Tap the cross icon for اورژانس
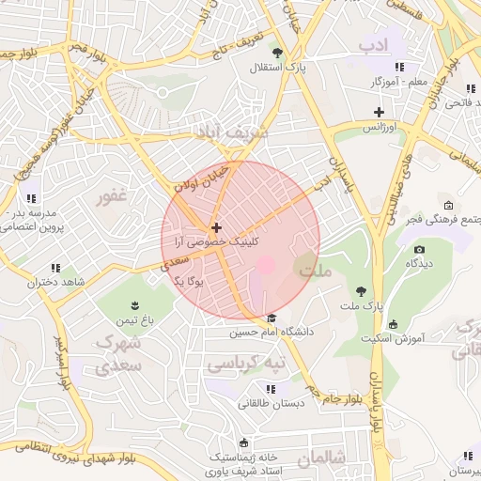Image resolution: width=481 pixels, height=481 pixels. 380,112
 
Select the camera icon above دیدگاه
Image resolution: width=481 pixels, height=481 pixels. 419,249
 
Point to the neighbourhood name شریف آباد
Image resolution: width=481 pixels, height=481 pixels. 230,133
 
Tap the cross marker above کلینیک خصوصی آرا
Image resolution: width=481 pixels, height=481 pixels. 217,227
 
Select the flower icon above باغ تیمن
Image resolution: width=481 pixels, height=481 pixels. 133,304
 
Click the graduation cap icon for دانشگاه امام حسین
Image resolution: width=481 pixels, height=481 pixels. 272,318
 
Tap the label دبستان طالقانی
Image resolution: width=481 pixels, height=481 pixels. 271,403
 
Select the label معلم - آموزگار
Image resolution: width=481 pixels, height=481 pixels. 399,82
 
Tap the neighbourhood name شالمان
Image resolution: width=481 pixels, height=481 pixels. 321,458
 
